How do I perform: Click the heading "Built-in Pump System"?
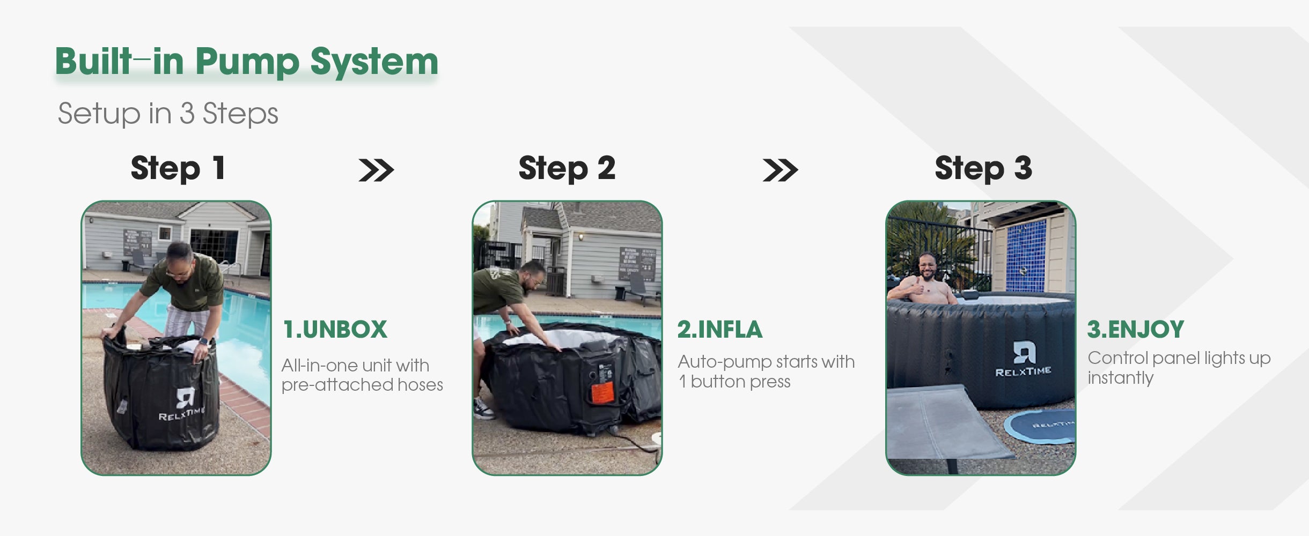point(247,62)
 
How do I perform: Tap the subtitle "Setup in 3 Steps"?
point(168,114)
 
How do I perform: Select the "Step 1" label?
point(178,168)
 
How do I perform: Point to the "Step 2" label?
point(567,168)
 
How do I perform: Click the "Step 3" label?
point(983,168)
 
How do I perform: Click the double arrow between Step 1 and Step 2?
point(376,170)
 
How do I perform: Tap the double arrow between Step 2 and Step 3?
point(780,170)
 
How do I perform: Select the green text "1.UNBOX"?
point(335,330)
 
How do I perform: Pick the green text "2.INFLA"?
point(719,330)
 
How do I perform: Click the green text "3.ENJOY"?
point(1136,330)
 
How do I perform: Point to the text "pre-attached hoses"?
point(362,385)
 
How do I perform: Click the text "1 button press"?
point(734,382)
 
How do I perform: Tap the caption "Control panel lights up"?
point(1179,358)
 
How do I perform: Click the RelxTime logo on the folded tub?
point(182,404)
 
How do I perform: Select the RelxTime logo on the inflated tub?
point(1023,359)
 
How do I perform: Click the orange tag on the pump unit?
point(602,393)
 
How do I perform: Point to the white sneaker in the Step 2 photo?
point(484,409)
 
